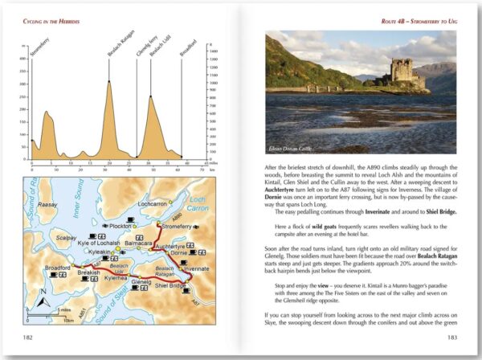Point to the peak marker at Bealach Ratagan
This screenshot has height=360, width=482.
108,80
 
